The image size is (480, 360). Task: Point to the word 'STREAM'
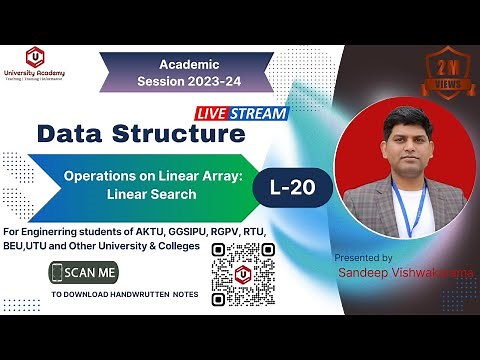[x=264, y=113]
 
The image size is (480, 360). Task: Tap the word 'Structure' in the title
[x=186, y=133]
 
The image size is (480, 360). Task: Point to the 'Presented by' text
[x=363, y=258]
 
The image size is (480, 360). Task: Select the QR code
[x=244, y=268]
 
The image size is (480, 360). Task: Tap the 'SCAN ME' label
[x=92, y=271]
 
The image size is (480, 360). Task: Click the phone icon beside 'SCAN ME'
[x=58, y=271]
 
